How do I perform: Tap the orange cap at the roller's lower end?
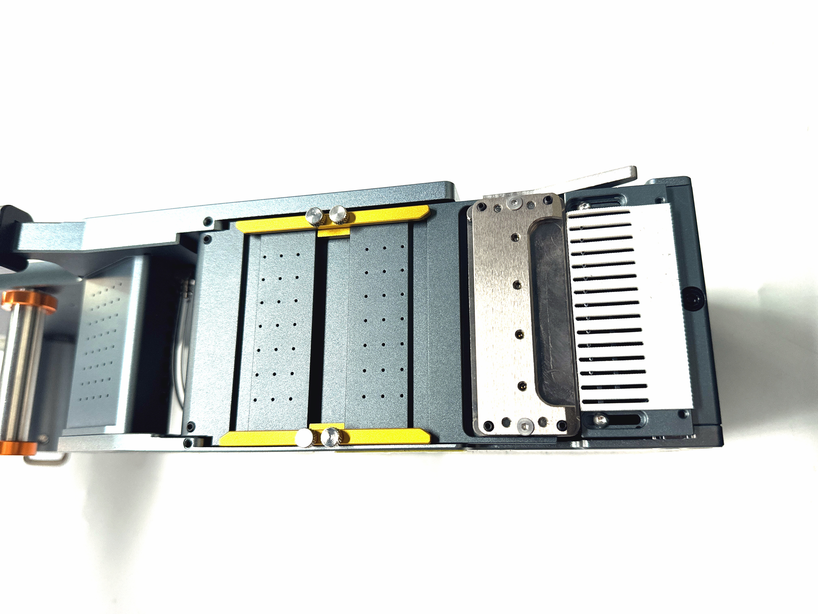tap(18, 448)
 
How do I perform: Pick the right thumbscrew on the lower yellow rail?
tap(330, 437)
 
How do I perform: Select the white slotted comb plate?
tap(629, 307)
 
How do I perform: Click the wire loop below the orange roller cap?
tap(46, 459)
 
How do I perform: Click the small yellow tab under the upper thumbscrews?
tap(334, 232)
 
